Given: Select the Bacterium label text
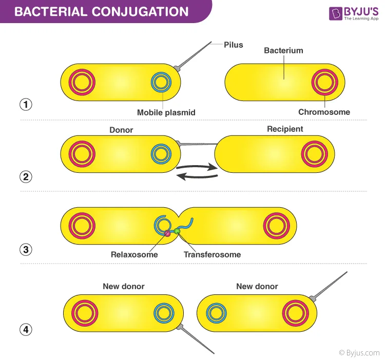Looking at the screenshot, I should point(283,51).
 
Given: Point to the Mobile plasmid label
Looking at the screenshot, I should point(166,112).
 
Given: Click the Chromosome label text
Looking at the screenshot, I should point(324,112).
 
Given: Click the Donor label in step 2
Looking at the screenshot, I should point(121,130).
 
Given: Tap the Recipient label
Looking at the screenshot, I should point(285,129).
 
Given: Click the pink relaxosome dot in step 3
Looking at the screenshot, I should point(166,234).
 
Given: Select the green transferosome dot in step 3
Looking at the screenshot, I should point(177,232).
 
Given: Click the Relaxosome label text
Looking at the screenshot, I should point(134,254).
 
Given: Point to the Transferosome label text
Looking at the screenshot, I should point(212,254).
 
